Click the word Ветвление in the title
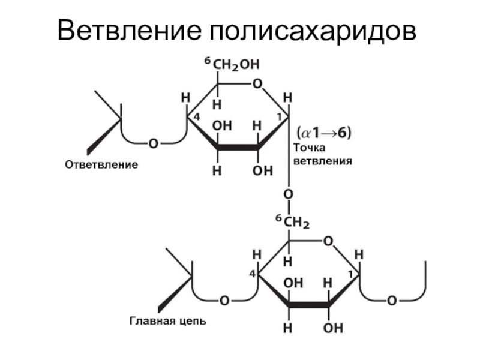[127, 31]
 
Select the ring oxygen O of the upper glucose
[258, 85]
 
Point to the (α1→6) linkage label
[322, 133]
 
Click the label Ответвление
[101, 164]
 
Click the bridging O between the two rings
[289, 194]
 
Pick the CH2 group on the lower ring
[296, 223]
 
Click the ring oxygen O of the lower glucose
[328, 241]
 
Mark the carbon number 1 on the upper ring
[280, 116]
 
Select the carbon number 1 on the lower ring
[350, 274]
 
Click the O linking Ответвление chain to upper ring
[154, 143]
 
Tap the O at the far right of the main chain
[391, 300]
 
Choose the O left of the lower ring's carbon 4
[224, 300]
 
